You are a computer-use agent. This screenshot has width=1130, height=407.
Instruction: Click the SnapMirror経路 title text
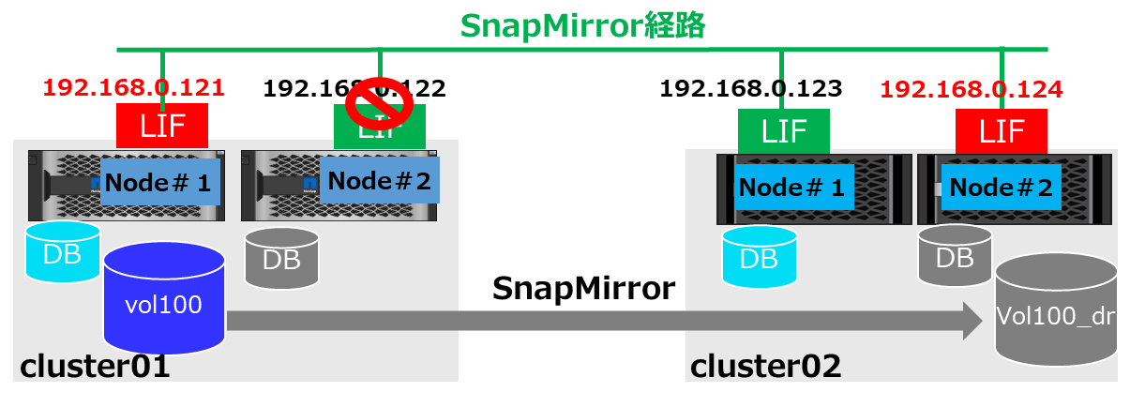click(582, 25)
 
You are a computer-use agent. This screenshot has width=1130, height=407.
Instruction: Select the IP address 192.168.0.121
click(134, 88)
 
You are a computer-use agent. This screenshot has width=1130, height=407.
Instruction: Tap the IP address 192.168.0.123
click(751, 89)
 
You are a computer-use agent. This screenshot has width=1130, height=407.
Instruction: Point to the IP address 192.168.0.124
click(972, 90)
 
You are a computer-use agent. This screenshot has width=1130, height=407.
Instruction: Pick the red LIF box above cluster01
click(162, 126)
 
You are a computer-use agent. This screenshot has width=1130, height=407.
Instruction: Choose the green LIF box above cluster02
click(783, 131)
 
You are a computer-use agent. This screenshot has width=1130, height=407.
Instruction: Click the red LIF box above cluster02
click(1001, 131)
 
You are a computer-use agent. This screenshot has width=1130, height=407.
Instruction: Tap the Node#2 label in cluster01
click(379, 180)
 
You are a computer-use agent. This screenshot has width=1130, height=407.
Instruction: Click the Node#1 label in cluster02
click(791, 188)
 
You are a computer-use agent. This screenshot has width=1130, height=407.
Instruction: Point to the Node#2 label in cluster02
click(1000, 188)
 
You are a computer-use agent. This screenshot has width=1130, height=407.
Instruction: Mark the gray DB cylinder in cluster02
click(955, 254)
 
